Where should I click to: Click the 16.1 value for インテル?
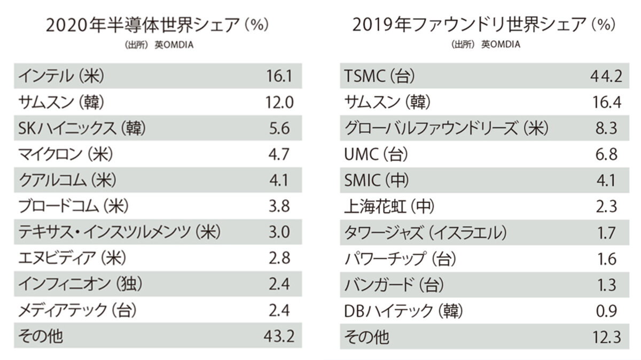(x=279, y=76)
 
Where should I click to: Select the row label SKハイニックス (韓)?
(x=82, y=129)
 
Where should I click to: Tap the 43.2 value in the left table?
(x=279, y=336)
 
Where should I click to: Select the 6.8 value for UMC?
(x=605, y=155)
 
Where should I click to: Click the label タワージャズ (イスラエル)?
(x=426, y=233)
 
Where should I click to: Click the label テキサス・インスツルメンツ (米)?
(x=119, y=233)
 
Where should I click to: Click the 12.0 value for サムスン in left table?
(x=279, y=103)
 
